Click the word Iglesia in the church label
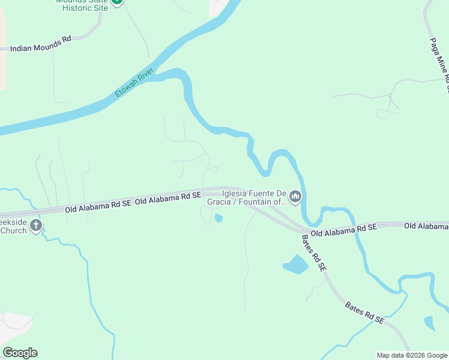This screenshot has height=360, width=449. pos(236,193)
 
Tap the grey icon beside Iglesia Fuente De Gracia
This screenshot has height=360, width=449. pos(295,196)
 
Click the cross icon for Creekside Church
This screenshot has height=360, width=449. pos(36,226)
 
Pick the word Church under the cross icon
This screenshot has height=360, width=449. pos(13,230)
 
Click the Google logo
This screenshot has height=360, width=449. pos(20,353)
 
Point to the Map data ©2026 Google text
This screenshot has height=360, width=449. pos(412,355)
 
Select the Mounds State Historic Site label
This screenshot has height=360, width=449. pos(82,5)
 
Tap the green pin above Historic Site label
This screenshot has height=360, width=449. pos(118,2)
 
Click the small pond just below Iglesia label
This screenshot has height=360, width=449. pos(218,218)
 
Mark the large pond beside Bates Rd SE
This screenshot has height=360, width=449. pos(295,264)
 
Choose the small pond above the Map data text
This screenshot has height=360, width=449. pos(429,323)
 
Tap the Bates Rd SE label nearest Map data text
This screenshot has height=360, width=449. pos(364,313)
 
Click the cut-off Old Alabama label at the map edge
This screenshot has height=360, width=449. pos(426,226)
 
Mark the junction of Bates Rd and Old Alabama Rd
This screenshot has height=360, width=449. pos(303,232)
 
